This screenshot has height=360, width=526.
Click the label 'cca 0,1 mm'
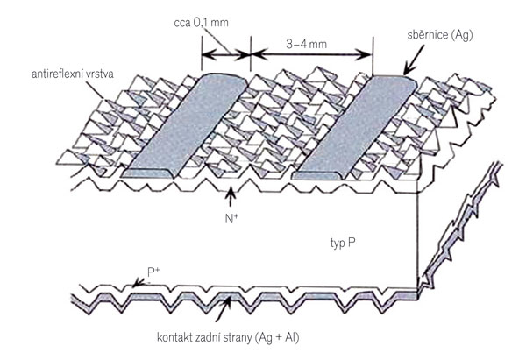pos(202,23)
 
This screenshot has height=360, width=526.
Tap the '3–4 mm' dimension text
pos(306,44)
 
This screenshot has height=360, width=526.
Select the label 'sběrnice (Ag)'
pos(440,35)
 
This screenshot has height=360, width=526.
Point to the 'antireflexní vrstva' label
pos(73,74)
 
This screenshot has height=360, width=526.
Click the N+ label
pos(231,219)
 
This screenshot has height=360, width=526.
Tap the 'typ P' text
pos(343,243)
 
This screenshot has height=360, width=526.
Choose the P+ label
pos(153,272)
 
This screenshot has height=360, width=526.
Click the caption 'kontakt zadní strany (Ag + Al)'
pos(228,337)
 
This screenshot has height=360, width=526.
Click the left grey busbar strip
pos(184,126)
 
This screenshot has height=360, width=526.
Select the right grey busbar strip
pos(355,127)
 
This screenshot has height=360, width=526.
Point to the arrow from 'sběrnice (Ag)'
pos(414,60)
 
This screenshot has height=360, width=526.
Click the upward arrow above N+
pos(230,198)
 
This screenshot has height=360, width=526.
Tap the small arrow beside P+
pos(139,283)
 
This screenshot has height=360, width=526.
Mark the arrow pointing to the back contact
pos(223,309)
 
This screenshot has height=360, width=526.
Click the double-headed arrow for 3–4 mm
pos(312,53)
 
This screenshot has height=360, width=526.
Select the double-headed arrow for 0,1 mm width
pos(226,54)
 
